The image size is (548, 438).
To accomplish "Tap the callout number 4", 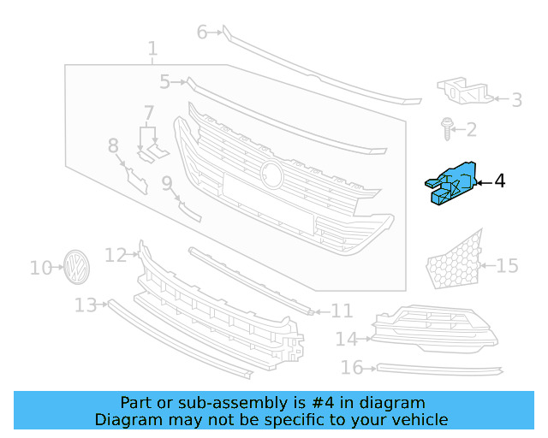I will click(500, 181).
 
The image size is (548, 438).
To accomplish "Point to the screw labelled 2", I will click(447, 128).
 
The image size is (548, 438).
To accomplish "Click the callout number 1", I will click(152, 50).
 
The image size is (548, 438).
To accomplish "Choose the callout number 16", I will click(351, 368).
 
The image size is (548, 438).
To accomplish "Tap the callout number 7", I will click(149, 113).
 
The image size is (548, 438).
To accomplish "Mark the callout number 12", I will click(116, 255).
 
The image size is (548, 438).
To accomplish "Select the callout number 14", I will click(346, 340).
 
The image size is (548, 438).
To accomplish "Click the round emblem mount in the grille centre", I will click(273, 174).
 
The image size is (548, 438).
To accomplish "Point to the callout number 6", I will click(203, 33).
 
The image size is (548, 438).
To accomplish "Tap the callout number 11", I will click(342, 311).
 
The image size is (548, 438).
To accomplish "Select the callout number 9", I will click(167, 182).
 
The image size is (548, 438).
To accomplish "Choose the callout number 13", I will click(86, 305).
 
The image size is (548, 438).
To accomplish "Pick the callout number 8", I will click(114, 146).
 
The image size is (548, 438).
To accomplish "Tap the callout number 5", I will click(165, 82).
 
